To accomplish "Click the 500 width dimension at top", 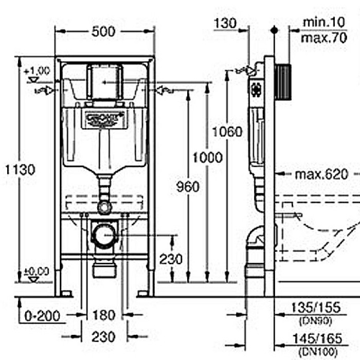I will (103, 32).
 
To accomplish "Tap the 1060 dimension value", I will (227, 132).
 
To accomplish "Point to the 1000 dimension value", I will (208, 157).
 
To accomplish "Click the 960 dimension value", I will (188, 186).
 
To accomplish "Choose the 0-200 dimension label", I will (43, 315).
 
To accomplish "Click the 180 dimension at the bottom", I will (103, 315).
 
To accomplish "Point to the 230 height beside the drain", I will (170, 259).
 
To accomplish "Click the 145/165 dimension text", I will (316, 339).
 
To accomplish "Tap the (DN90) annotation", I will (315, 320).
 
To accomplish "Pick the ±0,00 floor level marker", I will (37, 271).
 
